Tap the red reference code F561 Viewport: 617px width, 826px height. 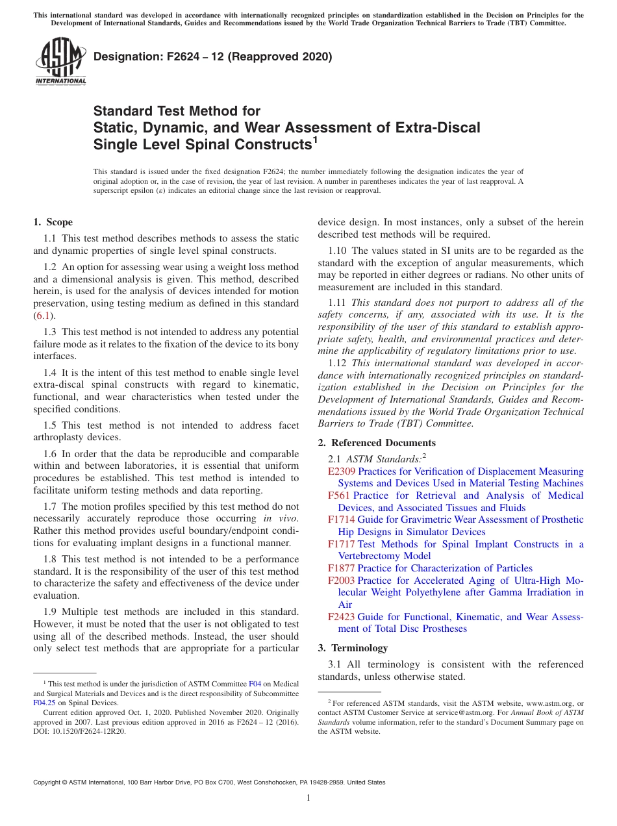(339, 495)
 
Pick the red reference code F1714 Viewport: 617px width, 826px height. (342, 519)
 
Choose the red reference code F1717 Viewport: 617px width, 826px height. (342, 544)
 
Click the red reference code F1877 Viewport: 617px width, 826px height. (342, 568)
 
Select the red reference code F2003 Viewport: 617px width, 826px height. (342, 581)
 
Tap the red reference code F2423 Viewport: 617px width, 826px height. (342, 617)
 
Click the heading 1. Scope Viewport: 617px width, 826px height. (53, 222)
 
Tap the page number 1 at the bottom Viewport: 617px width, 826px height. (308, 798)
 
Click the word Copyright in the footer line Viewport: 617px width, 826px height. (49, 782)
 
